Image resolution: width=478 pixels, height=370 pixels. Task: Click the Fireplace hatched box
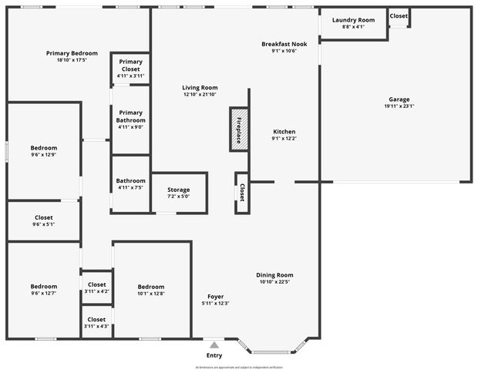[238, 129]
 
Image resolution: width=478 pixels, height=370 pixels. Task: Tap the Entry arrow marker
[214, 345]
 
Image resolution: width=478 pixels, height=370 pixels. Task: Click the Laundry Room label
[353, 20]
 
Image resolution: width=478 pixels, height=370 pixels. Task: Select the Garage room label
[399, 99]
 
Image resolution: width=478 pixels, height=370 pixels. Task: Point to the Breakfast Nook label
[284, 44]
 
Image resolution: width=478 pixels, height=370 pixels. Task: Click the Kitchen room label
[284, 132]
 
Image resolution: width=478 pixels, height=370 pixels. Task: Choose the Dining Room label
[275, 275]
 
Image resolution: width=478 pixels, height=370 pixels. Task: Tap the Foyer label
[215, 297]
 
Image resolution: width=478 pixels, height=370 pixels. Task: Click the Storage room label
[178, 190]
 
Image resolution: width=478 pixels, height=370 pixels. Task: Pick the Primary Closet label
[130, 66]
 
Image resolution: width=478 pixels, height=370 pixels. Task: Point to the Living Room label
[200, 88]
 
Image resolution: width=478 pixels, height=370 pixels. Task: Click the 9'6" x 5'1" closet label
[44, 217]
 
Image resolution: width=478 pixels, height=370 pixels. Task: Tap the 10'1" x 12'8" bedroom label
[151, 286]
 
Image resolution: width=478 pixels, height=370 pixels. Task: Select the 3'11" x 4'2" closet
[96, 284]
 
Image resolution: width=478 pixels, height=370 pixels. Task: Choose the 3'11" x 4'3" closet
[96, 319]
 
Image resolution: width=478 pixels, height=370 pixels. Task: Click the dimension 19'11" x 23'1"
[399, 106]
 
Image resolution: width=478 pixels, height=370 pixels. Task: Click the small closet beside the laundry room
[399, 16]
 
